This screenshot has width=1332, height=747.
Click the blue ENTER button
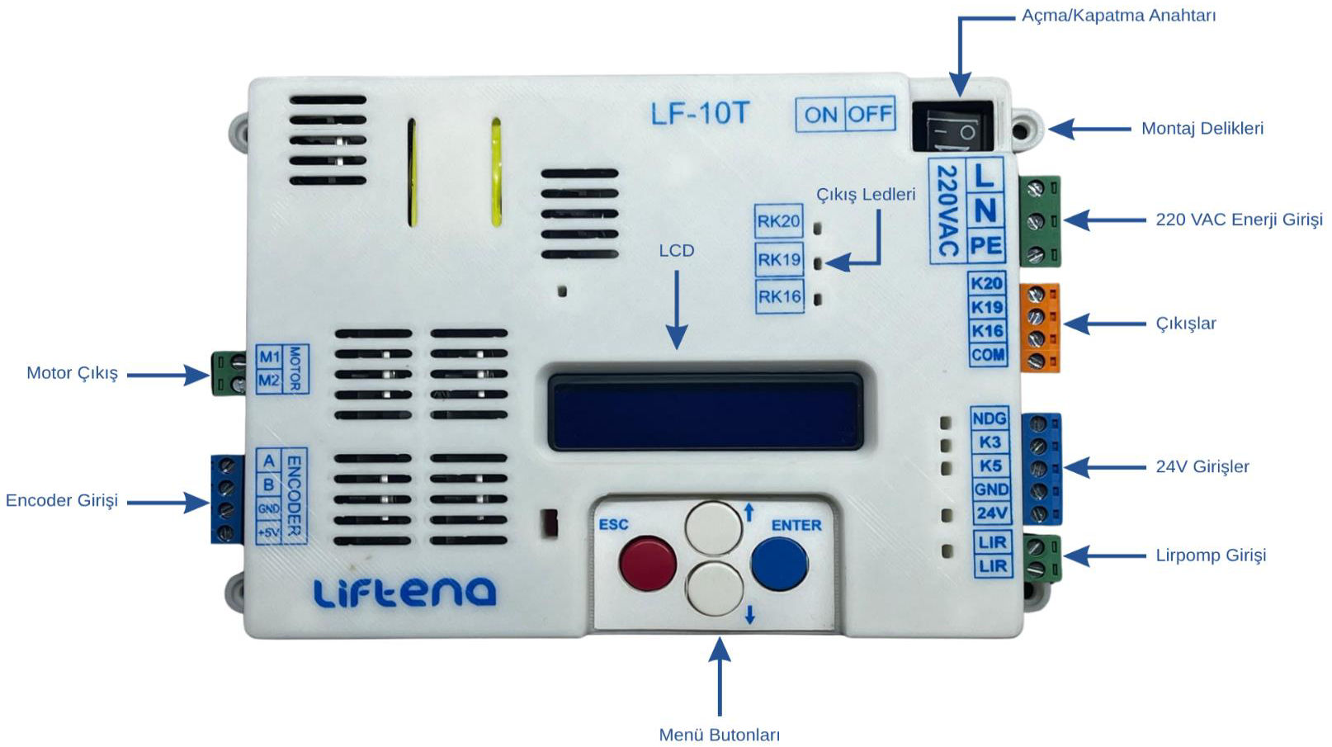click(779, 563)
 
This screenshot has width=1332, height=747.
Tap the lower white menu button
click(716, 589)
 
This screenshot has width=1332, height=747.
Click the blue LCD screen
click(705, 412)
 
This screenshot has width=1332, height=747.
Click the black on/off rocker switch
click(953, 126)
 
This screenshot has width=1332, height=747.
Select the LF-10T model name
click(700, 113)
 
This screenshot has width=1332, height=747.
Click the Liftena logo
click(404, 592)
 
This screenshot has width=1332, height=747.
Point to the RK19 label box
click(779, 259)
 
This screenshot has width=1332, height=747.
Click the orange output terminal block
click(1039, 327)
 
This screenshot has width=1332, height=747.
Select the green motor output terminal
click(229, 373)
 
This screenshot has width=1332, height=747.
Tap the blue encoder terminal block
click(227, 499)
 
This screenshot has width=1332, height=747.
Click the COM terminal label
click(988, 355)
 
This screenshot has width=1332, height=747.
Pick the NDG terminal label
click(990, 418)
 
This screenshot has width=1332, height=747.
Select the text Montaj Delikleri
click(1202, 129)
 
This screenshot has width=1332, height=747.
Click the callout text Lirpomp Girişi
click(1211, 556)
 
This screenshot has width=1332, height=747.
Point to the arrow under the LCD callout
click(677, 310)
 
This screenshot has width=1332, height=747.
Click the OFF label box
click(869, 114)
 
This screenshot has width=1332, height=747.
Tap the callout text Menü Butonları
click(720, 735)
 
